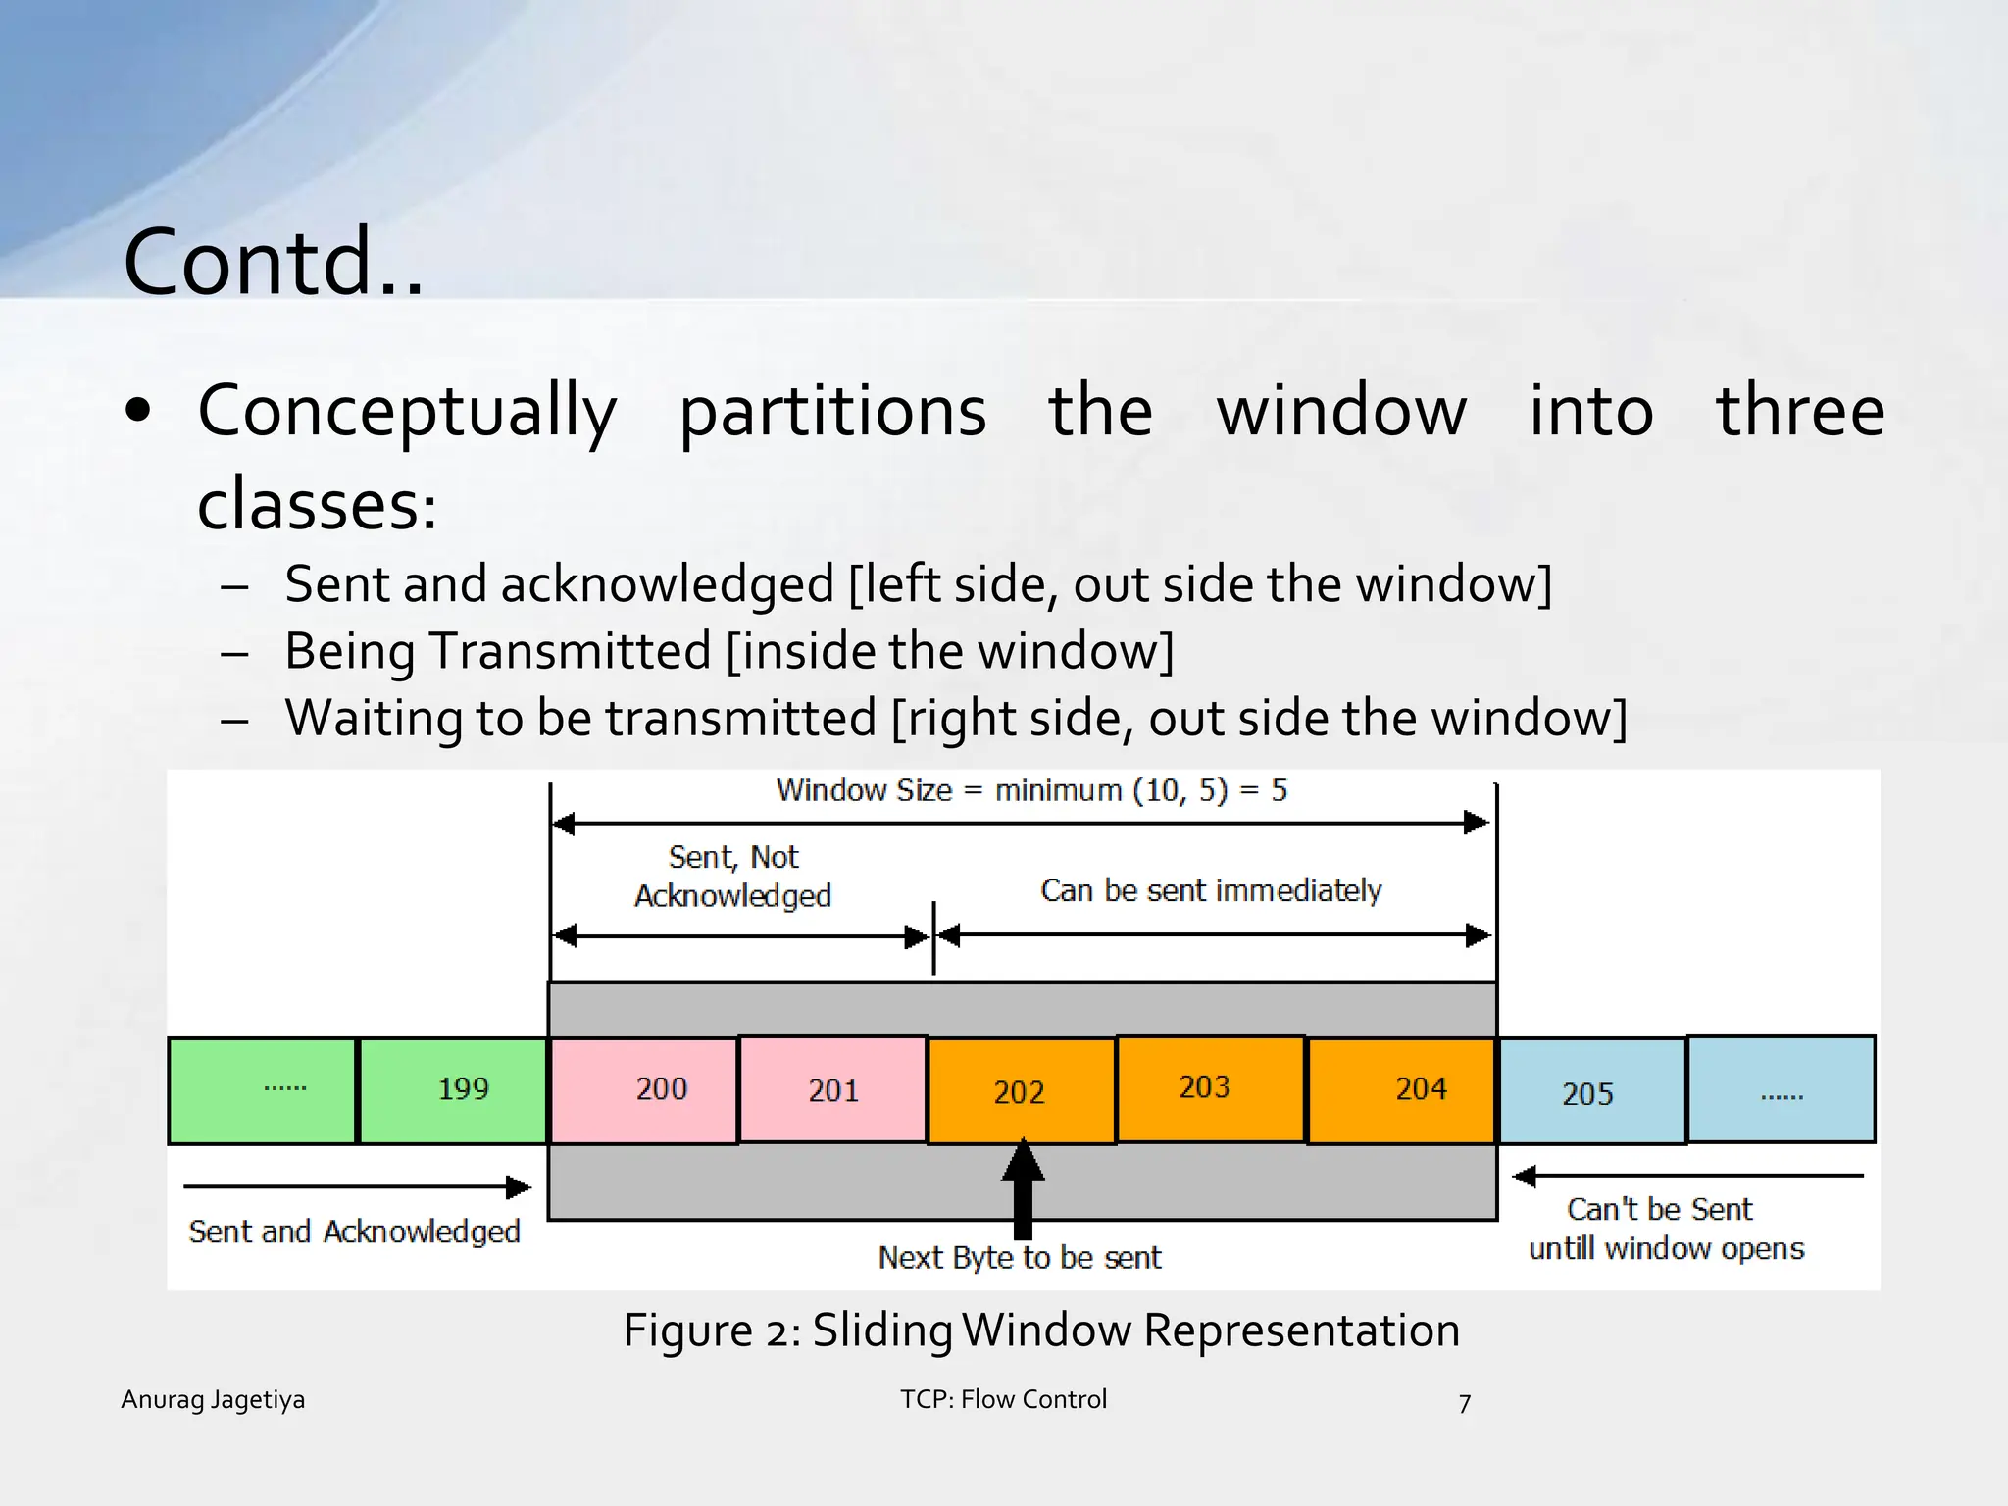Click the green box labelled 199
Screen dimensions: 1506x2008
453,1090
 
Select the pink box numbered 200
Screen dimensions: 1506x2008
643,1090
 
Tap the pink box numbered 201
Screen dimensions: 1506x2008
832,1090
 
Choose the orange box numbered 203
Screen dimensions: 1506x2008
1210,1088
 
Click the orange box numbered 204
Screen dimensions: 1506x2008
1401,1090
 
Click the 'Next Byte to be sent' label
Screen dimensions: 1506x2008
1020,1258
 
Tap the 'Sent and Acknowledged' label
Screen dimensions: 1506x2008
354,1231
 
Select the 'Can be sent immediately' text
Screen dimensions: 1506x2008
1211,890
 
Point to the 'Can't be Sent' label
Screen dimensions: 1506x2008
1659,1209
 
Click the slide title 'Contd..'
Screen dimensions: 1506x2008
274,262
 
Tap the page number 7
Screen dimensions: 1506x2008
1465,1404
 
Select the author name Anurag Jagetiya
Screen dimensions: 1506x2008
213,1399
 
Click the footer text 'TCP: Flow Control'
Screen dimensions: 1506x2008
1003,1399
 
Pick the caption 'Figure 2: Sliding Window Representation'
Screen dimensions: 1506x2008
1041,1330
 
